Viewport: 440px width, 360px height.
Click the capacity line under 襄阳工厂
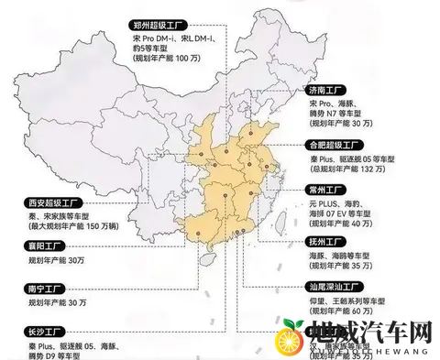[58, 260]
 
